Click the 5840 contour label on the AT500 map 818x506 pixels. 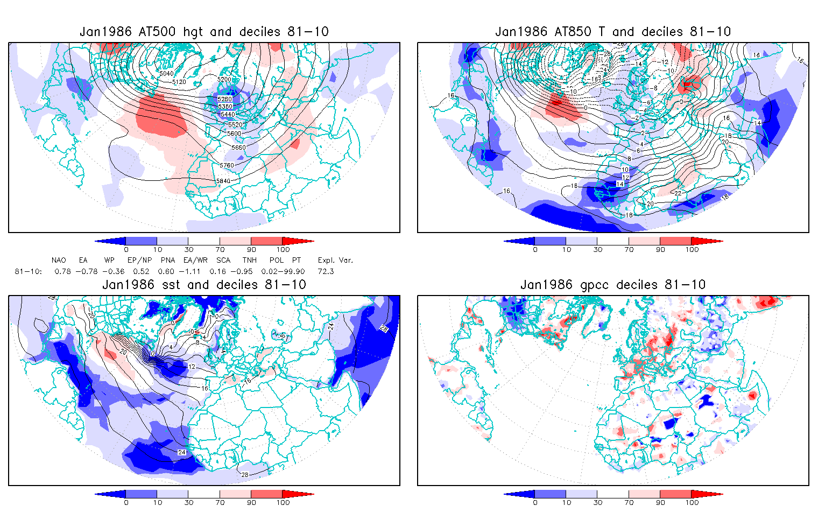click(223, 181)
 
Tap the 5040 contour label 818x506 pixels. click(167, 73)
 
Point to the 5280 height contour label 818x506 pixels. click(225, 99)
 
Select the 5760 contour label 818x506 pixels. click(228, 165)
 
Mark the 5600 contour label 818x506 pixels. click(235, 133)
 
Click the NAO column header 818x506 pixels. click(59, 260)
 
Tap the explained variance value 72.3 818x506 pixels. click(326, 271)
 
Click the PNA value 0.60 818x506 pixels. click(166, 271)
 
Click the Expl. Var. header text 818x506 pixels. click(335, 260)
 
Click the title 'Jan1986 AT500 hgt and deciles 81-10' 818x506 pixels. click(204, 32)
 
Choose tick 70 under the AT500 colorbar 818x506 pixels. click(220, 249)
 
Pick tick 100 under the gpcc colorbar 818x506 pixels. click(692, 502)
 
